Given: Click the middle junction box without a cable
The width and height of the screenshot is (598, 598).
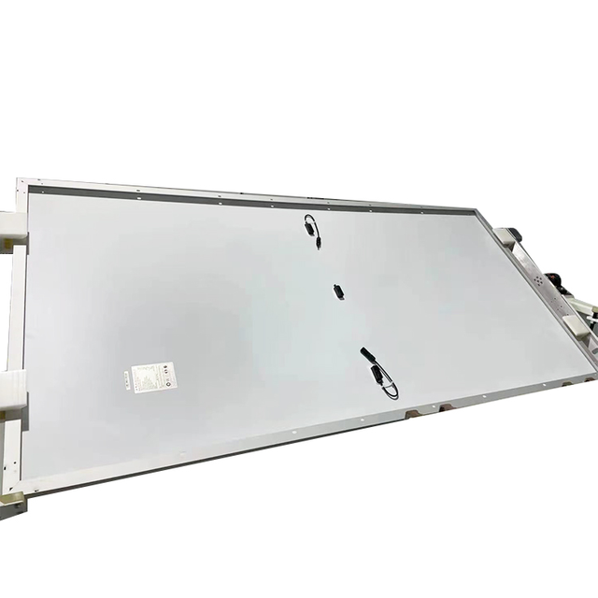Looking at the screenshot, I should click(x=338, y=291).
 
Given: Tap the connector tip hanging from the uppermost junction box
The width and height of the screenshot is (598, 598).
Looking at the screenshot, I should click(x=319, y=245).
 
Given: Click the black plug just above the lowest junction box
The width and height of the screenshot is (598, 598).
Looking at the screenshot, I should click(x=365, y=355).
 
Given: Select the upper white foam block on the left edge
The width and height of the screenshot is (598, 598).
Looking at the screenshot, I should click(x=11, y=224).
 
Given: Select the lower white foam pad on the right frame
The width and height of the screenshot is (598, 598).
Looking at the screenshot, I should click(x=576, y=324).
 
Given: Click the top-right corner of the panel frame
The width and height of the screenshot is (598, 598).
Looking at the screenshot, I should click(x=480, y=211).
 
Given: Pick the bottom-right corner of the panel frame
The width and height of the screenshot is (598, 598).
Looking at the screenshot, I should click(x=593, y=374).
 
